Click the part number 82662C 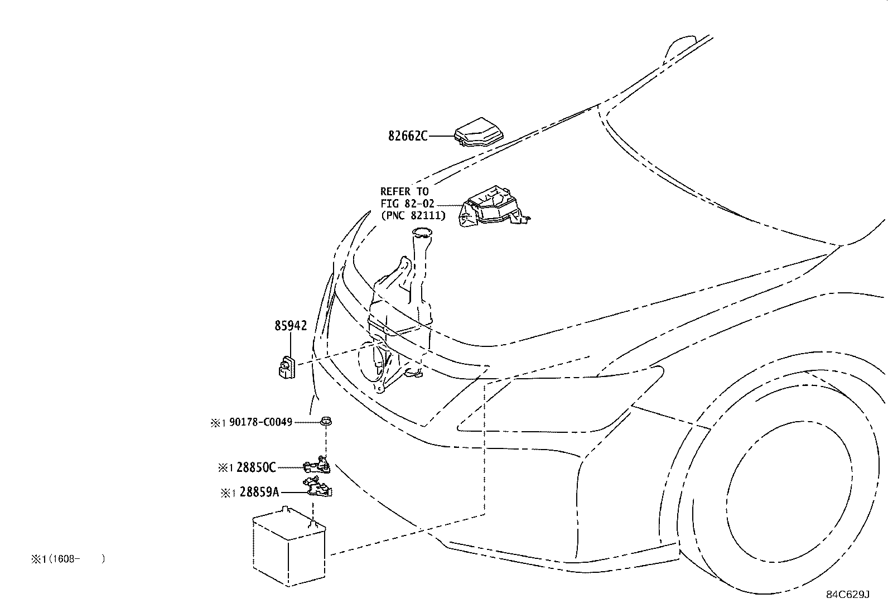click(408, 136)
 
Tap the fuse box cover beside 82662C click(479, 132)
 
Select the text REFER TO click(404, 191)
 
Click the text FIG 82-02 click(408, 204)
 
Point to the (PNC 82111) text click(413, 215)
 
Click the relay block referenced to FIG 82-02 click(494, 206)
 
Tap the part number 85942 click(291, 326)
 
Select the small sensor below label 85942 click(287, 367)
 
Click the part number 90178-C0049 click(260, 422)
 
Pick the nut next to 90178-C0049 click(326, 421)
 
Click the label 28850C click(255, 467)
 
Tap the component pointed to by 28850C click(317, 465)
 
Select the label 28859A click(259, 492)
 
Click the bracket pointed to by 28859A click(318, 487)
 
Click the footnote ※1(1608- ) click(68, 559)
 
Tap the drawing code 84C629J click(848, 595)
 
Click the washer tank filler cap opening click(422, 233)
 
